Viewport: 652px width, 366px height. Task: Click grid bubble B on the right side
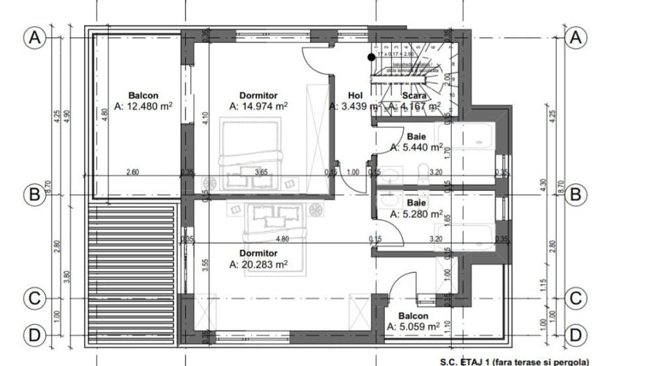tap(574, 195)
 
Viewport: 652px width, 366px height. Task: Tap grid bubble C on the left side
tap(34, 299)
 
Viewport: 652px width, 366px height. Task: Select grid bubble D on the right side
tap(574, 335)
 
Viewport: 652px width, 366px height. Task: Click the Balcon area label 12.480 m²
tap(144, 106)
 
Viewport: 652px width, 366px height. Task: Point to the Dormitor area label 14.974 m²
tap(258, 106)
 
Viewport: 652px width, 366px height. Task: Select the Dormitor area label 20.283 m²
tap(258, 264)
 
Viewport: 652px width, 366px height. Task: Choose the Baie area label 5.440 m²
tap(416, 147)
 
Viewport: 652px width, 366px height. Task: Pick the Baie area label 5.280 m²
tap(416, 213)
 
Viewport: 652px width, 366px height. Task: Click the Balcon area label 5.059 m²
tap(413, 326)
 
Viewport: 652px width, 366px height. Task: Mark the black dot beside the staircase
tap(372, 57)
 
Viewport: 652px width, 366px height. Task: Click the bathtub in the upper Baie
tap(466, 138)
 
